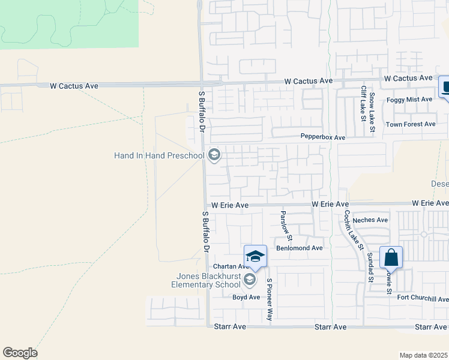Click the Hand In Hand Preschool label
[159, 156]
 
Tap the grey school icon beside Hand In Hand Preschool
[214, 156]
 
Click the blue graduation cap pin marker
[255, 256]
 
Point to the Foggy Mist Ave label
[409, 99]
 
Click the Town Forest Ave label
[410, 124]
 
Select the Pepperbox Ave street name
[323, 137]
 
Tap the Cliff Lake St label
[363, 103]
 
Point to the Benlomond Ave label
[299, 248]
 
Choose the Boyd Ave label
[246, 297]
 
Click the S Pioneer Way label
[270, 299]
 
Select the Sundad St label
[370, 267]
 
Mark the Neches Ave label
[370, 220]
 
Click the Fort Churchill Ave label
[423, 299]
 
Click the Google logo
[20, 353]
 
